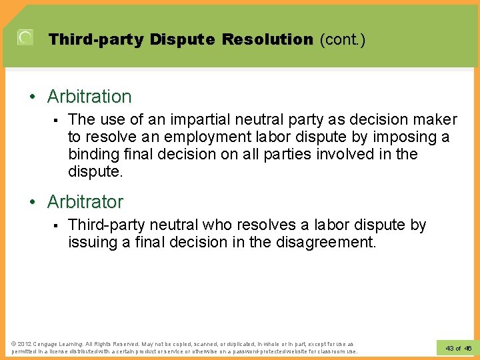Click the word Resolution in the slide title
point(267,39)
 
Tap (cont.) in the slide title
point(343,39)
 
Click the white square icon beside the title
point(25,37)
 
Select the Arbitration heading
point(89,97)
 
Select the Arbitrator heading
point(85,201)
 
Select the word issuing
point(92,242)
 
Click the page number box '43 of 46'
point(457,348)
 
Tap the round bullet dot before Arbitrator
point(33,202)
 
